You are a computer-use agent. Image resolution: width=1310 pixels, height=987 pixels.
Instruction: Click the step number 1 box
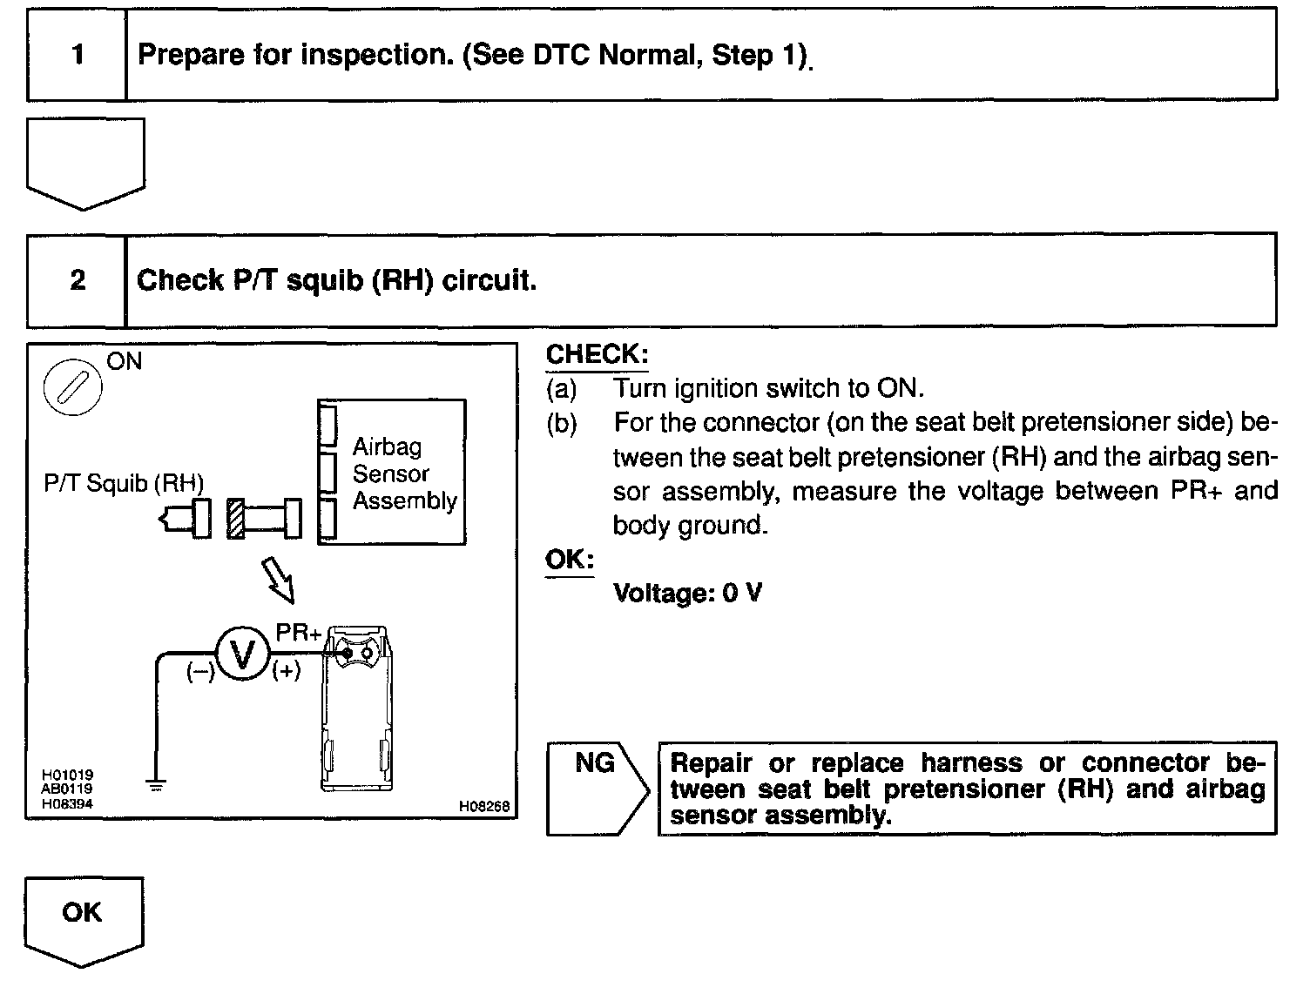pyautogui.click(x=78, y=56)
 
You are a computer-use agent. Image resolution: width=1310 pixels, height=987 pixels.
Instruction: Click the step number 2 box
pyautogui.click(x=78, y=280)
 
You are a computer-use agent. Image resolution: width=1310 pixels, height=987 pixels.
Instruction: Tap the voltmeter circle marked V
pyautogui.click(x=243, y=654)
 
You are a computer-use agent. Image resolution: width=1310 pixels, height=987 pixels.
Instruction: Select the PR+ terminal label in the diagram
pyautogui.click(x=298, y=633)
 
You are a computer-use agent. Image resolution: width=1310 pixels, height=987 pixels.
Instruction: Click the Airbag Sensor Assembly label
pyautogui.click(x=404, y=473)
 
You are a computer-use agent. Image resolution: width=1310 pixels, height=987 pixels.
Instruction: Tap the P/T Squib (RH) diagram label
pyautogui.click(x=124, y=483)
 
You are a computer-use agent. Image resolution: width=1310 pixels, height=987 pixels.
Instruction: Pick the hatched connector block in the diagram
pyautogui.click(x=235, y=519)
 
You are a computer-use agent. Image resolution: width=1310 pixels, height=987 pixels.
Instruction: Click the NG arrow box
pyautogui.click(x=598, y=788)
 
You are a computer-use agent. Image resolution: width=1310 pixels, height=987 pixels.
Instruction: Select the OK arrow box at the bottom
pyautogui.click(x=83, y=918)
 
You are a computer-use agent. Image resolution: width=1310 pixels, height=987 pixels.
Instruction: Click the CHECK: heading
pyautogui.click(x=597, y=355)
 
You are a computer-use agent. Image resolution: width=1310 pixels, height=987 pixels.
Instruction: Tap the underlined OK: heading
pyautogui.click(x=569, y=560)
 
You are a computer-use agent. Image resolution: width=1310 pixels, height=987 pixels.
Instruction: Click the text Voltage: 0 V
pyautogui.click(x=687, y=594)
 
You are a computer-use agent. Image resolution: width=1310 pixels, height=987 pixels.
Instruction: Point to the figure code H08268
pyautogui.click(x=483, y=807)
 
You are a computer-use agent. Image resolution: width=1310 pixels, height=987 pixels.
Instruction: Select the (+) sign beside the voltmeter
pyautogui.click(x=287, y=671)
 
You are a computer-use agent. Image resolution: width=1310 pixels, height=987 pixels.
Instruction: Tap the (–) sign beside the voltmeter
pyautogui.click(x=199, y=671)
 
